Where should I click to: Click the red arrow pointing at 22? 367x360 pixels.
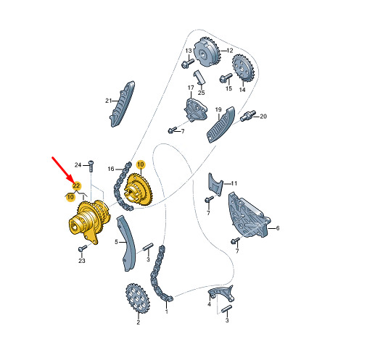pyautogui.click(x=62, y=169)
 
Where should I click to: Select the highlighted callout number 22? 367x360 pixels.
pyautogui.click(x=76, y=185)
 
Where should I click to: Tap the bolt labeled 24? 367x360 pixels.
pyautogui.click(x=91, y=166)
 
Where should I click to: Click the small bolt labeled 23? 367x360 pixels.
pyautogui.click(x=83, y=248)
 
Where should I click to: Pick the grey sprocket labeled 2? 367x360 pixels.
pyautogui.click(x=138, y=298)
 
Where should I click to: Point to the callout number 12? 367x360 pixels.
pyautogui.click(x=230, y=51)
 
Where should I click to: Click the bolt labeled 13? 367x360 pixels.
pyautogui.click(x=187, y=63)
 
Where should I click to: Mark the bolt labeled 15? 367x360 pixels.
pyautogui.click(x=226, y=78)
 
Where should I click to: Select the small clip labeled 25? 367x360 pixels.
pyautogui.click(x=199, y=78)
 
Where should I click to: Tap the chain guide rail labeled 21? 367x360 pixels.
pyautogui.click(x=123, y=104)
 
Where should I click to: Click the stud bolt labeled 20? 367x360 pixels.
pyautogui.click(x=248, y=116)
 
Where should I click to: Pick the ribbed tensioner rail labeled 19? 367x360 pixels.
pyautogui.click(x=220, y=125)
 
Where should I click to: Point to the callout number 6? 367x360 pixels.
pyautogui.click(x=278, y=228)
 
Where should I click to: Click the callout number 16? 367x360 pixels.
pyautogui.click(x=111, y=169)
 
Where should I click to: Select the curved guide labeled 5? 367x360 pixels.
pyautogui.click(x=127, y=243)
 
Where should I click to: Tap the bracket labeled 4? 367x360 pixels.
pyautogui.click(x=221, y=293)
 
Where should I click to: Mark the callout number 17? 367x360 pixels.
pyautogui.click(x=191, y=88)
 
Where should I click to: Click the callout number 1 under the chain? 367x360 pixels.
pyautogui.click(x=166, y=311)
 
